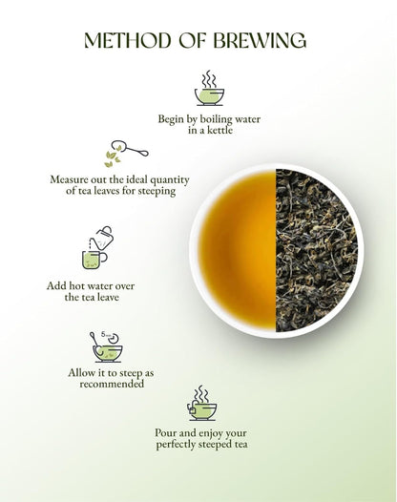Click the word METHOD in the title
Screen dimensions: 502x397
click(126, 40)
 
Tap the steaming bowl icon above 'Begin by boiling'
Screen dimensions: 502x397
click(209, 88)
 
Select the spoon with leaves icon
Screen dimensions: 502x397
click(125, 153)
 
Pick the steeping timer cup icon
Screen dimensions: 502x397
click(105, 345)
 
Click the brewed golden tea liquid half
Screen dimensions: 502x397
click(237, 251)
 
